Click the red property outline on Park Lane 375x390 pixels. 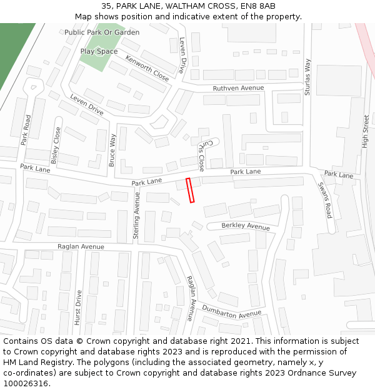click(190, 190)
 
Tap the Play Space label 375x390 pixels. click(99, 52)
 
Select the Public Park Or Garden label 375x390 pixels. click(102, 32)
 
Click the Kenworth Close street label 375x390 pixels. click(147, 68)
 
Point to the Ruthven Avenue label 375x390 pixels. click(238, 89)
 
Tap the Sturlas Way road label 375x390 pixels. click(307, 77)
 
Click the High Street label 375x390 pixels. click(366, 130)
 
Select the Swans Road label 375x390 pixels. click(325, 200)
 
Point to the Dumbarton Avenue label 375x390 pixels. click(231, 310)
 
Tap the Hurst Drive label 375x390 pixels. click(78, 307)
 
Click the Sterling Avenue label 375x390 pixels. click(137, 216)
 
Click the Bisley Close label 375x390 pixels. click(56, 145)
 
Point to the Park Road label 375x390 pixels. click(26, 130)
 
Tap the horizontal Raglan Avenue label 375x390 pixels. click(81, 246)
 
